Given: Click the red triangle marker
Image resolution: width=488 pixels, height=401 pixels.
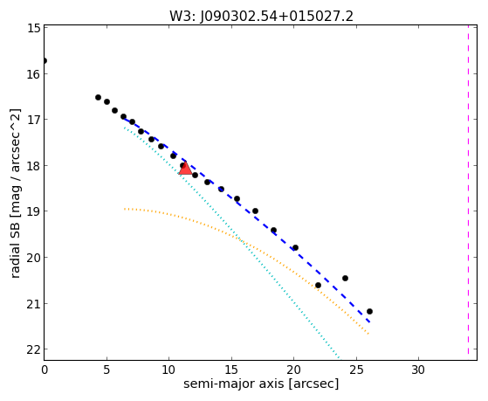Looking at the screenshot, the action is (x=185, y=169).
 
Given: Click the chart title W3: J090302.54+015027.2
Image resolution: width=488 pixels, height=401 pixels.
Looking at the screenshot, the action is (x=261, y=17).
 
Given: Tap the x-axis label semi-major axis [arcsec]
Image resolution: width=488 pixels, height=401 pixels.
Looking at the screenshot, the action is (x=261, y=384).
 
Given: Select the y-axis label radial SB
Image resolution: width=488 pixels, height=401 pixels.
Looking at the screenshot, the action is (x=15, y=256).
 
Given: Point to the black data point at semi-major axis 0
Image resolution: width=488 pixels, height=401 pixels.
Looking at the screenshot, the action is (x=45, y=60).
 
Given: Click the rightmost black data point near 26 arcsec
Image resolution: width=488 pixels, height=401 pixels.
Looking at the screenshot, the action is (x=369, y=311).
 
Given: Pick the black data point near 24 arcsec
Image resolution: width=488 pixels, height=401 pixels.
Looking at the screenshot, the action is (x=345, y=278).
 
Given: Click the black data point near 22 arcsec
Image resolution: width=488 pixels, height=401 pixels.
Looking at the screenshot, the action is (x=318, y=285).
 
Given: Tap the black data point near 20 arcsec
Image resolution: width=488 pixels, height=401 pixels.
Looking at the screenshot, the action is (x=295, y=248).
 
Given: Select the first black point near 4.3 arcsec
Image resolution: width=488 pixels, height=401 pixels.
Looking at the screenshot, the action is (x=98, y=97).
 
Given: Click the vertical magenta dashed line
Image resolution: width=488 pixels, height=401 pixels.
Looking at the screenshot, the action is (x=468, y=190).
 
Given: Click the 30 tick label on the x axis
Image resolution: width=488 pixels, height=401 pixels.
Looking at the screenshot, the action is (x=418, y=370).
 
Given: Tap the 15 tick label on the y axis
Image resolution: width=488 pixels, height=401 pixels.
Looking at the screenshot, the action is (x=33, y=28).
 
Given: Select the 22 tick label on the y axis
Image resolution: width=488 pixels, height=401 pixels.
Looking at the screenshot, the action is (x=33, y=349).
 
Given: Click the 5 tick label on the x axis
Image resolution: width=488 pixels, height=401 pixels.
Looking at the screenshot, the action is (x=107, y=370).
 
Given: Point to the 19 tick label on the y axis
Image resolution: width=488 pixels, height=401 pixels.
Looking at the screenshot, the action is (x=33, y=211).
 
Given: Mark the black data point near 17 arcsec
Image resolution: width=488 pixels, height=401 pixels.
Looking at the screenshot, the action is (x=255, y=211).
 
